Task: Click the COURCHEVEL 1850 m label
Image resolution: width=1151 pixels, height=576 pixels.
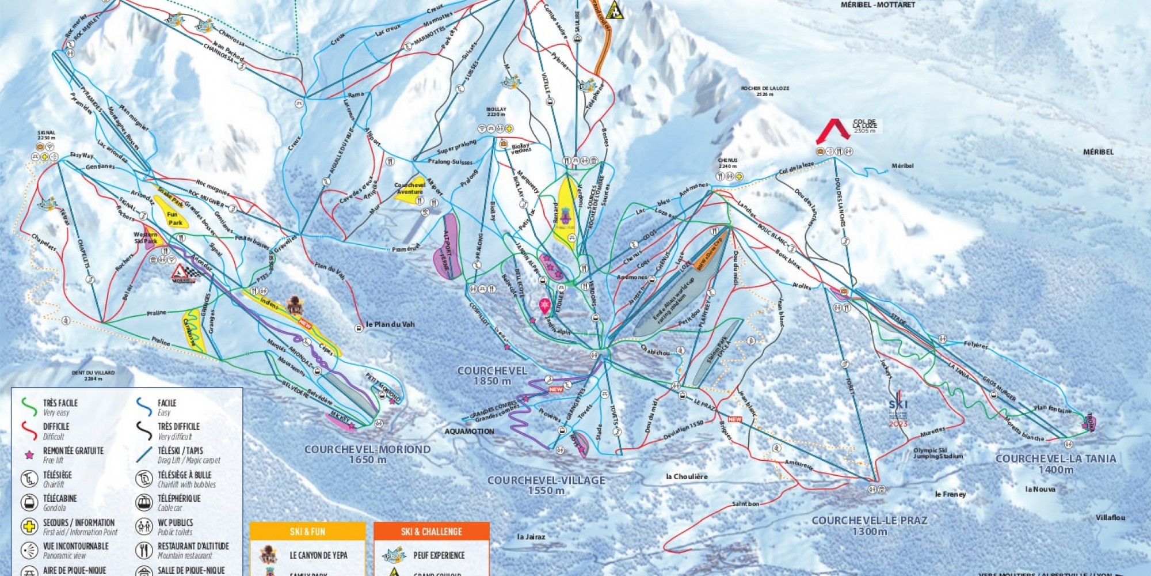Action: click(x=492, y=376)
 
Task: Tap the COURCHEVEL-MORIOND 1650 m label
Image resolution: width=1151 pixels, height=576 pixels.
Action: click(x=367, y=454)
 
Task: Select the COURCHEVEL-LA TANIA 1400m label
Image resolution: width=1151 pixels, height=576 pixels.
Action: click(x=1055, y=464)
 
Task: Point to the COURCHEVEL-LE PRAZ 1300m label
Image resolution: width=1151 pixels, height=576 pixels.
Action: click(x=870, y=525)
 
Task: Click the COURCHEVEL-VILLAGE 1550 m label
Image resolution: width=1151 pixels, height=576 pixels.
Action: click(x=546, y=485)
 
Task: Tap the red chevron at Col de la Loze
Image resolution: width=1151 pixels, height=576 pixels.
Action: click(x=833, y=130)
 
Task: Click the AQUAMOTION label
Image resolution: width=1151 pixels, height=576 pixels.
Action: click(x=469, y=431)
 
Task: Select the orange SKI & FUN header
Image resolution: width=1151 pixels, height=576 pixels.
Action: click(x=307, y=531)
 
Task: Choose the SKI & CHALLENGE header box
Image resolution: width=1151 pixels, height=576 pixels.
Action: click(x=432, y=531)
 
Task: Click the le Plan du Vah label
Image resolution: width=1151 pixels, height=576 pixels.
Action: click(x=390, y=324)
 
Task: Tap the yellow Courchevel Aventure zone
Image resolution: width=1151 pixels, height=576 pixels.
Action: click(x=410, y=189)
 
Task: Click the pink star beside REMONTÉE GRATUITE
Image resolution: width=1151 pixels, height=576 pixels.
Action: click(x=29, y=455)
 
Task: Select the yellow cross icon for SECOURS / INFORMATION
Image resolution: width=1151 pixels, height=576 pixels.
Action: click(x=29, y=526)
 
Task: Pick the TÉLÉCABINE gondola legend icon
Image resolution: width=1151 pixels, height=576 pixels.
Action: click(x=29, y=502)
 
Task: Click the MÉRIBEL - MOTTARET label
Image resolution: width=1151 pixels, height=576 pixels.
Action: click(x=878, y=5)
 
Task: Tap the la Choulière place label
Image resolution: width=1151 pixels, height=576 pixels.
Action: click(x=687, y=476)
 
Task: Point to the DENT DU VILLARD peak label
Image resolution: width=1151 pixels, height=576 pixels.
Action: click(x=93, y=376)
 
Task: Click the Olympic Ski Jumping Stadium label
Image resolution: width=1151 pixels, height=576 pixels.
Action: click(x=937, y=453)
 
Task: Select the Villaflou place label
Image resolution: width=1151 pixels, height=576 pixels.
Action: click(x=1110, y=518)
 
